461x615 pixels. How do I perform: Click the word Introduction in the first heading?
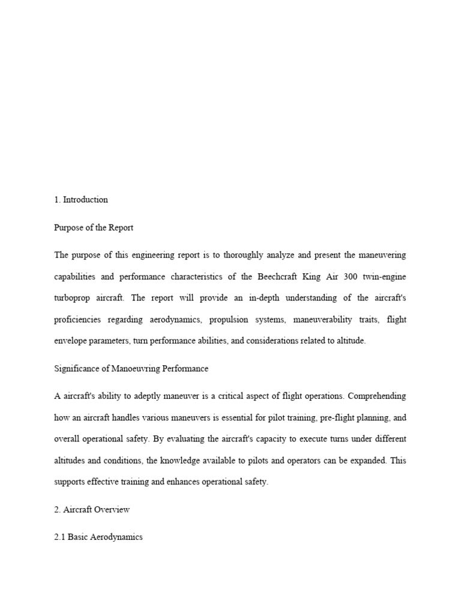tap(85, 200)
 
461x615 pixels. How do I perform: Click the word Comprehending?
tap(377, 396)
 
